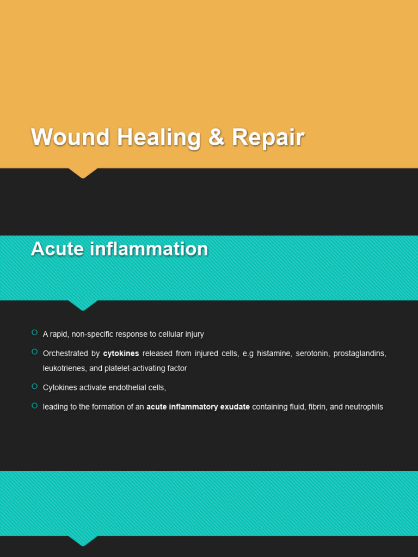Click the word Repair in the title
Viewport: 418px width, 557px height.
click(x=268, y=138)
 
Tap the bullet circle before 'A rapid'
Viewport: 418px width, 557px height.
click(x=34, y=332)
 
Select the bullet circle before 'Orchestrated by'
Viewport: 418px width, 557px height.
click(x=34, y=352)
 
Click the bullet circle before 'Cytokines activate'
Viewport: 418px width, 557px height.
click(x=34, y=386)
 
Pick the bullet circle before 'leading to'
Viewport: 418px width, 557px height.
click(x=34, y=405)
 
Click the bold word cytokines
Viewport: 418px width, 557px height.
click(x=121, y=354)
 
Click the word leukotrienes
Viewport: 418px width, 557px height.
click(x=63, y=369)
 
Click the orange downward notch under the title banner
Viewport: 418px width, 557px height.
click(x=83, y=173)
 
